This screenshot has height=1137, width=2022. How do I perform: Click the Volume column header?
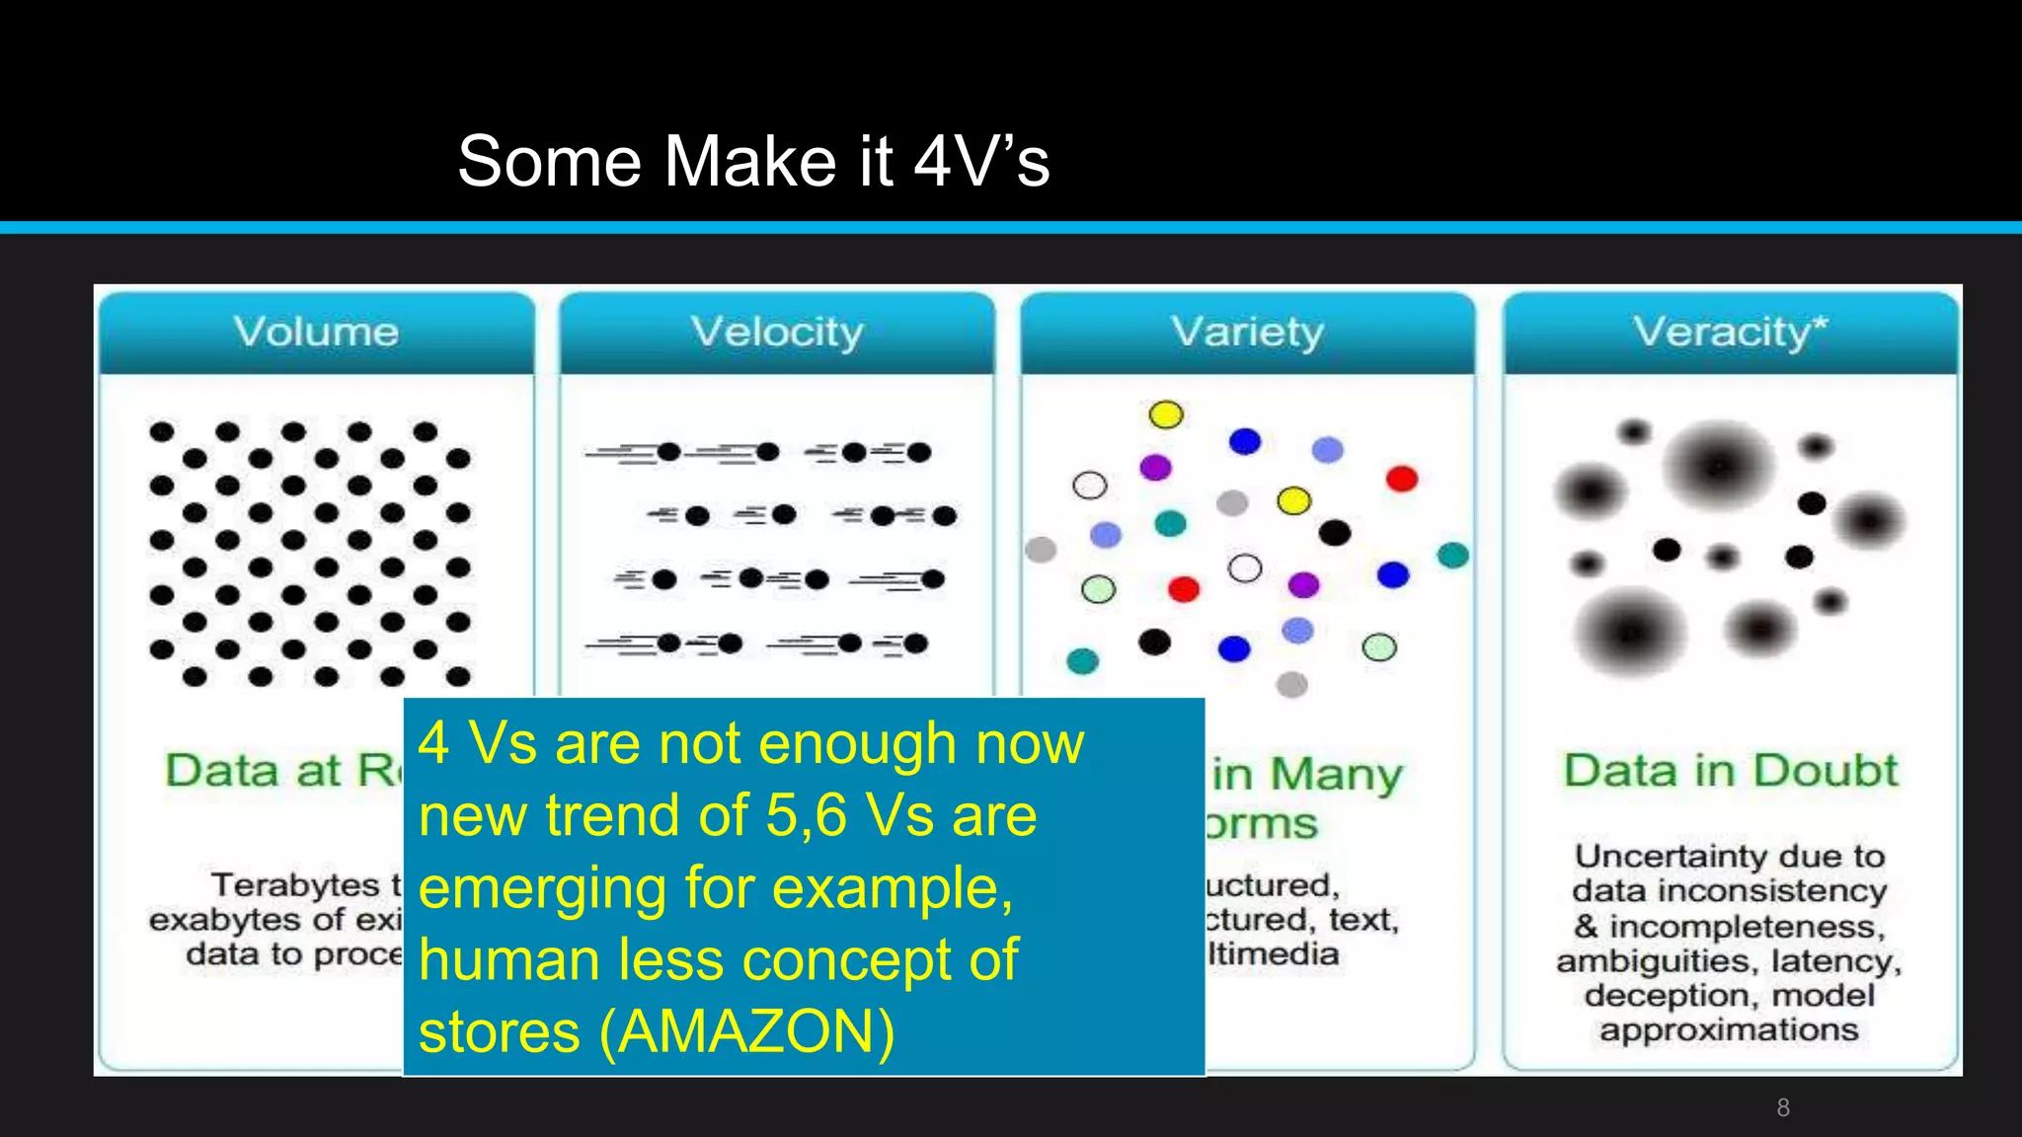coord(316,332)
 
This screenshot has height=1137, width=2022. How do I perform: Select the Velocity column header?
coord(777,332)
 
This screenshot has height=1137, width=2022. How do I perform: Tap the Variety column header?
coord(1247,332)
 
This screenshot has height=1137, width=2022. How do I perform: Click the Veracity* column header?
coord(1730,332)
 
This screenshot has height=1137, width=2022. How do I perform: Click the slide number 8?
coord(1783,1107)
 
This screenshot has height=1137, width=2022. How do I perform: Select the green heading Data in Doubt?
coord(1730,770)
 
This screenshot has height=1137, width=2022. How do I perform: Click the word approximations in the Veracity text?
coord(1729,1029)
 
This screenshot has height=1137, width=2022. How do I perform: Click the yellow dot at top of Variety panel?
coord(1166,415)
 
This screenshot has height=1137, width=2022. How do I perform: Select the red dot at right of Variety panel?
coord(1401,479)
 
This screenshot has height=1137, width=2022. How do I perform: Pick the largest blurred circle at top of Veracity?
coord(1719,464)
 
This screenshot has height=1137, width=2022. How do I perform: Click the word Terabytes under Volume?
coord(295,884)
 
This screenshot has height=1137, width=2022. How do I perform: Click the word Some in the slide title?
coord(550,161)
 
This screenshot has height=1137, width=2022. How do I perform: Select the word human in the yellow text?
coord(508,960)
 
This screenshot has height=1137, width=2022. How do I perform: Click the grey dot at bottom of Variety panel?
coord(1291,684)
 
